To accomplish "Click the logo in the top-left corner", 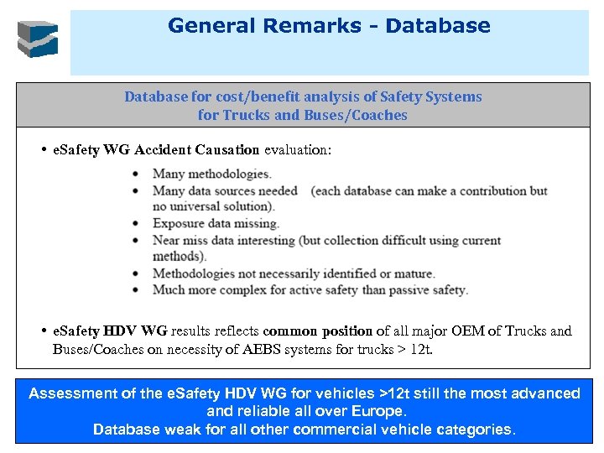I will (39, 39).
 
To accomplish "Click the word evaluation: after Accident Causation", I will (298, 150).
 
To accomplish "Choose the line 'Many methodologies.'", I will (211, 174).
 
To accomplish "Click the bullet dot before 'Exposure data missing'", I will (137, 224).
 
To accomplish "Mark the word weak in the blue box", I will (180, 430).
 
